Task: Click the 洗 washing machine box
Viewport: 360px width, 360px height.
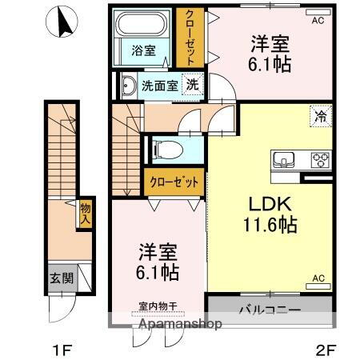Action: pos(192,82)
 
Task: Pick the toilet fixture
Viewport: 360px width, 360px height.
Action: pos(164,149)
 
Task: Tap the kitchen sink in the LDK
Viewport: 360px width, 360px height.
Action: pos(285,158)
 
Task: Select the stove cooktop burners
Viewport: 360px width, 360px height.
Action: pos(321,158)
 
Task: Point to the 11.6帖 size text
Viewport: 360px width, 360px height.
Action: pos(270,225)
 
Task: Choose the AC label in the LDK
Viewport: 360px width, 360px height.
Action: pos(318,278)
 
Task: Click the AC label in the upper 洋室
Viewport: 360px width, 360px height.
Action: pos(318,20)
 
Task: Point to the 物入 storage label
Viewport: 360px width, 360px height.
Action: pos(84,213)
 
